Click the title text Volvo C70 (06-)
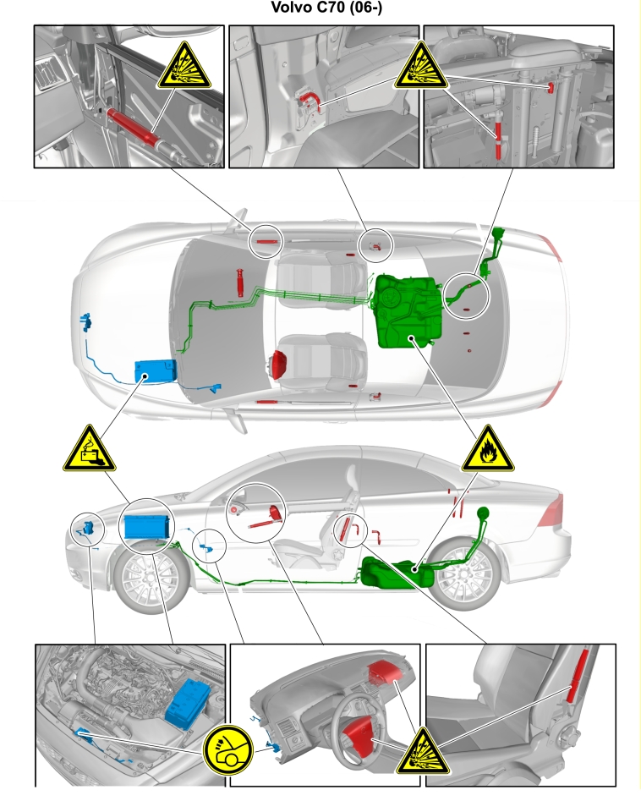326,8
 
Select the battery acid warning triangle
90,449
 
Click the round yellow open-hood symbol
227,750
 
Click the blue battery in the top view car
156,371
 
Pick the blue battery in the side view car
146,527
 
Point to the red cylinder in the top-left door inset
133,127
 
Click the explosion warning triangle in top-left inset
184,66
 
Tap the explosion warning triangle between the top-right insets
421,66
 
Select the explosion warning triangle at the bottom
423,751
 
